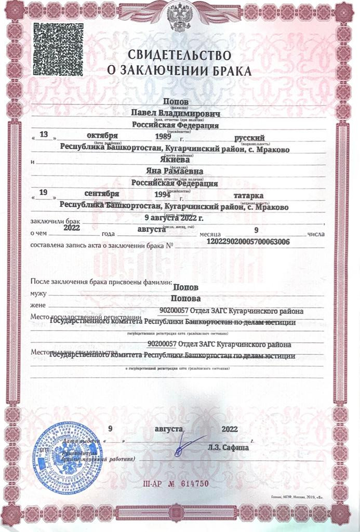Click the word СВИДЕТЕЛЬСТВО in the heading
pos(179,54)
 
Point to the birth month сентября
pos(102,194)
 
